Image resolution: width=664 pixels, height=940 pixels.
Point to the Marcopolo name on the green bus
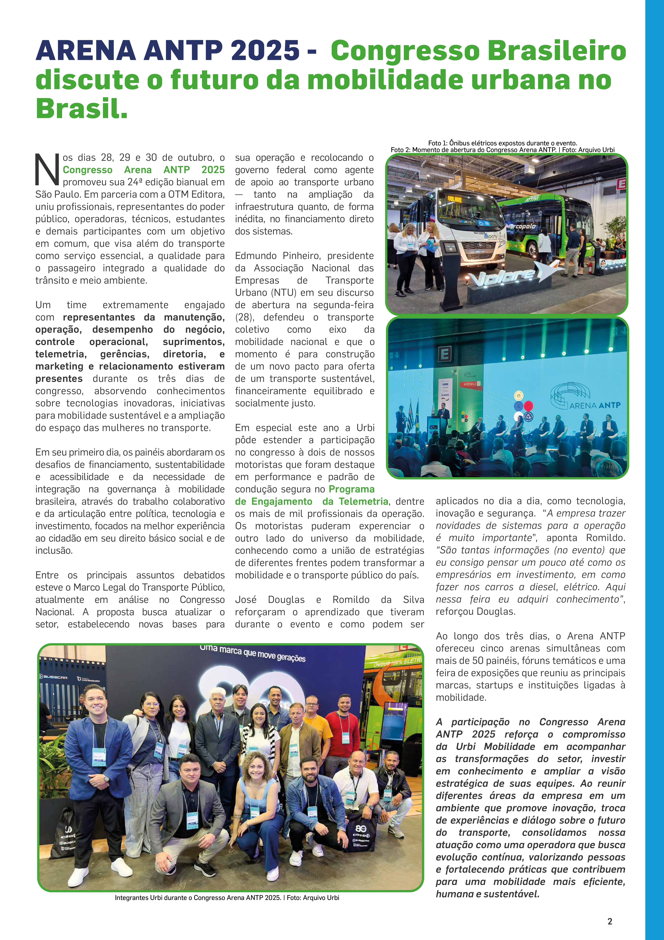coord(520,226)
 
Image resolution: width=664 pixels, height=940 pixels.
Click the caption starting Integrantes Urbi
coord(227,898)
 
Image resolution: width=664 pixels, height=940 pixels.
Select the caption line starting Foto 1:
coord(502,143)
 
